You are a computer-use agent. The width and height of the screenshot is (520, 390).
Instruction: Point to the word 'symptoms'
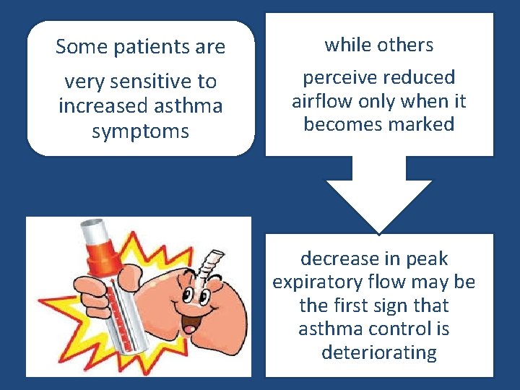(x=141, y=131)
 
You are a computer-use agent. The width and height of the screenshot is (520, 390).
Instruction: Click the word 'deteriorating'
(x=379, y=352)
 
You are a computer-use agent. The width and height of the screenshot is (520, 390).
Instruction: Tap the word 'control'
(x=399, y=329)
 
